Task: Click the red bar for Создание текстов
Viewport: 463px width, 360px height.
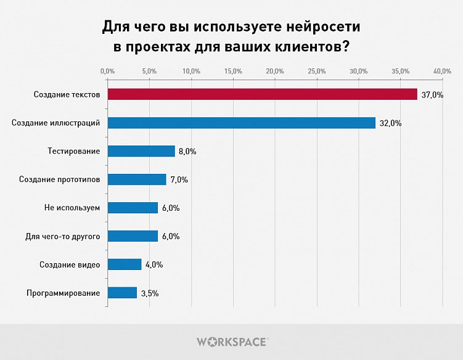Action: [262, 94]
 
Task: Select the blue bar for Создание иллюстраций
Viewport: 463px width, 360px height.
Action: [241, 123]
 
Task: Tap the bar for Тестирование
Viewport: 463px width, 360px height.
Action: [141, 151]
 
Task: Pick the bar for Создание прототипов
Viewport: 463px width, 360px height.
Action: [137, 179]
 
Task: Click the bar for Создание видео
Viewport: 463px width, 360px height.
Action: [125, 264]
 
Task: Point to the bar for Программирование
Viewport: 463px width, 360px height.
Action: [122, 293]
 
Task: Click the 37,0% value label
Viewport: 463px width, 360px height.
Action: [432, 95]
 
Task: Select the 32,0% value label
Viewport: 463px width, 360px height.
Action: [390, 123]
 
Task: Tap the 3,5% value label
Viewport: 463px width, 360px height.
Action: [150, 293]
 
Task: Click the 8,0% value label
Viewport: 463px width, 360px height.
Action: [187, 152]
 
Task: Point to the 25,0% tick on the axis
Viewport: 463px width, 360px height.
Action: [316, 72]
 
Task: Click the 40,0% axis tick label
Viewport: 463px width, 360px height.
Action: [442, 72]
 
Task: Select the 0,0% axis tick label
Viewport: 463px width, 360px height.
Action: [107, 72]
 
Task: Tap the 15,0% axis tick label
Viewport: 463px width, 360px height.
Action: [233, 72]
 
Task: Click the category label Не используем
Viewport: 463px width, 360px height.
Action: [72, 208]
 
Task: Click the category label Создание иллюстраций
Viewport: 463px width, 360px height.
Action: [56, 123]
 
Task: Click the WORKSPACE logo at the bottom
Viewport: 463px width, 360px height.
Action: [232, 342]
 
